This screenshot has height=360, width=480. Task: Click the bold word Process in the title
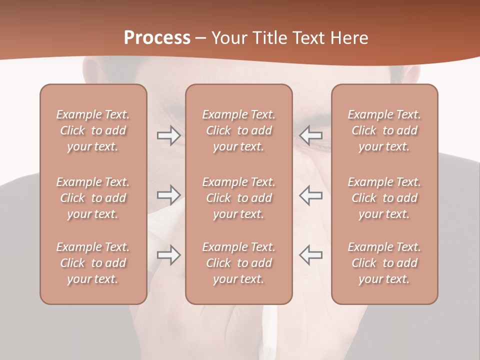(157, 38)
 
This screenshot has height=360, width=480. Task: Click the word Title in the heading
(269, 38)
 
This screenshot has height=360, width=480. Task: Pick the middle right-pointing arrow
(169, 195)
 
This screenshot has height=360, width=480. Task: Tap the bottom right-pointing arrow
(169, 255)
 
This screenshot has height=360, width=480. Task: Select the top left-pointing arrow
(310, 135)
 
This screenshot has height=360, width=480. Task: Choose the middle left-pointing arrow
(310, 195)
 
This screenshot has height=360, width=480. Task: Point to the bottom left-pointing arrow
(310, 255)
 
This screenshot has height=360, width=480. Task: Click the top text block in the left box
(93, 130)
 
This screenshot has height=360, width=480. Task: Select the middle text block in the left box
(93, 198)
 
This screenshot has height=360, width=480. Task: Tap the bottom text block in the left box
(93, 263)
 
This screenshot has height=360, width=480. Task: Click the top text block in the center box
(239, 130)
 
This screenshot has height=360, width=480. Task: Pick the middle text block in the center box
(239, 198)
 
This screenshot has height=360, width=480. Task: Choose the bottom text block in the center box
(239, 263)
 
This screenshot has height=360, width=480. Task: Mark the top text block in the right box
(384, 130)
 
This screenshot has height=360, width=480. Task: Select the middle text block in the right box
(384, 198)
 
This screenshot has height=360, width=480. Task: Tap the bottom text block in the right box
(384, 263)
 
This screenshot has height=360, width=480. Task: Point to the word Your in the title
(229, 38)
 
